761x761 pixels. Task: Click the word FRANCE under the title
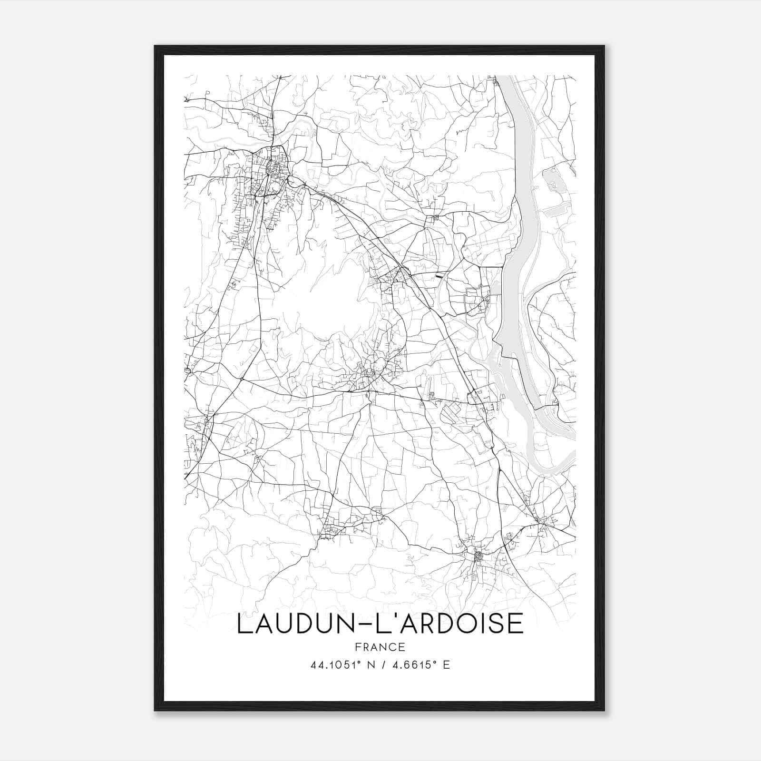pos(380,647)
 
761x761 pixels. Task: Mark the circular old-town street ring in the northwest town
pos(273,167)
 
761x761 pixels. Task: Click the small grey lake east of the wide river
pos(552,178)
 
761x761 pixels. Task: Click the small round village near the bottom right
pos(478,555)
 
